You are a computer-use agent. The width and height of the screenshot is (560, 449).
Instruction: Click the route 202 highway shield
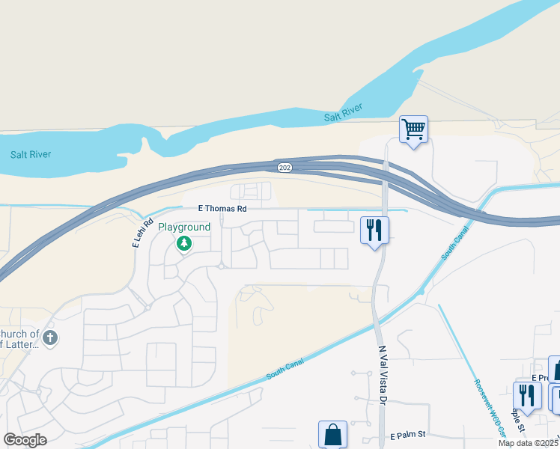tap(284, 166)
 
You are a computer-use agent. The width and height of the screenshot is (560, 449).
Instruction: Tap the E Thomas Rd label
tap(222, 210)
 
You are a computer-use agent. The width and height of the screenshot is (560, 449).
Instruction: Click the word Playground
tap(183, 227)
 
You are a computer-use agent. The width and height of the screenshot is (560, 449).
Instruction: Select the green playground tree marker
tap(183, 243)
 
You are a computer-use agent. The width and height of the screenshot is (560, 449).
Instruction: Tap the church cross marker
tap(50, 337)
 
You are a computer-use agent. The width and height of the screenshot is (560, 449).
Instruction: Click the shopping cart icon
tap(413, 130)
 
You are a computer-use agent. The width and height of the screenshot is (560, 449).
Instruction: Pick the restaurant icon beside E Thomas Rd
tap(374, 229)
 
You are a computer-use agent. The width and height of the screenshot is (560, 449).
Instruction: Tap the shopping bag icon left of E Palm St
tap(332, 434)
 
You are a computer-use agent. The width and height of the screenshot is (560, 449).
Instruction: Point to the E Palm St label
tap(408, 435)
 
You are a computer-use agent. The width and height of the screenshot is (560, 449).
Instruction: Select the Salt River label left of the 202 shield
tap(30, 155)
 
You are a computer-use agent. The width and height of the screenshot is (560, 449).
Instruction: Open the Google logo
tap(25, 440)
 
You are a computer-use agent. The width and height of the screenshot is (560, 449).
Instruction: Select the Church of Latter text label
tap(20, 338)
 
